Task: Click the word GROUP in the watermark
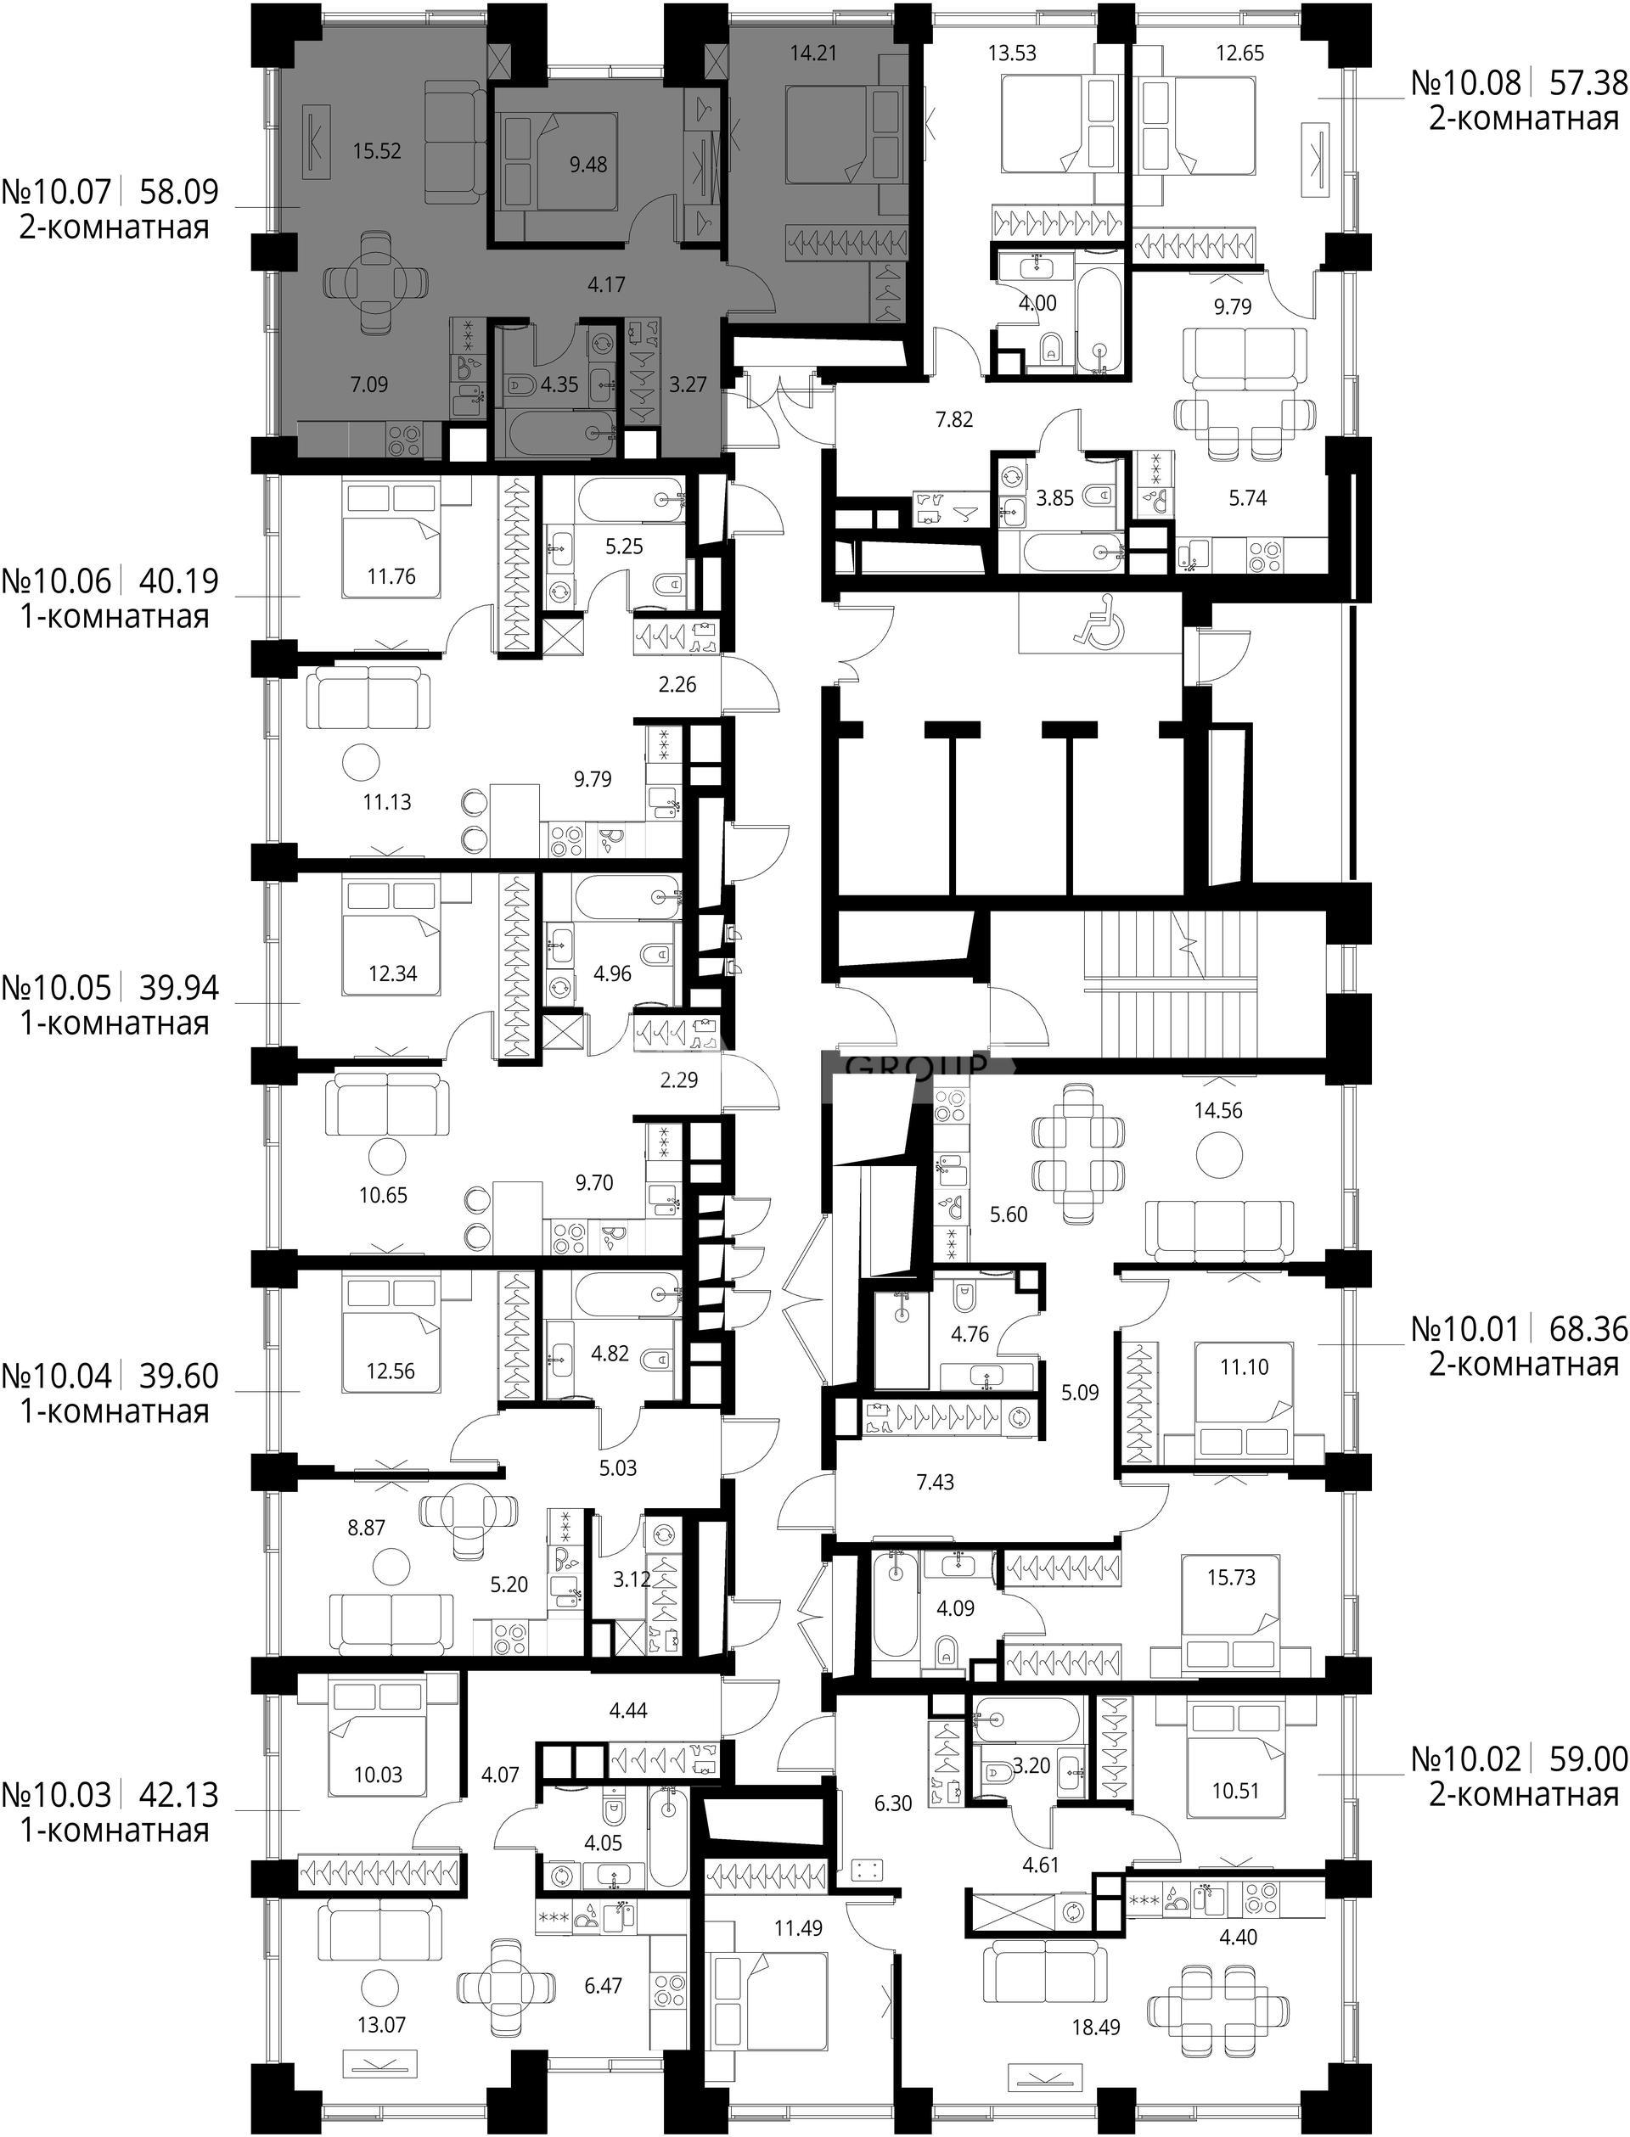tap(917, 1066)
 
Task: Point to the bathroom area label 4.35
tap(559, 384)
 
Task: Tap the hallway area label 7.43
tap(935, 1482)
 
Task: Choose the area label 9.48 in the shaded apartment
tap(588, 164)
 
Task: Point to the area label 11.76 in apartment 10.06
tap(391, 576)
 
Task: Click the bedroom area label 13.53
tap(1012, 53)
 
